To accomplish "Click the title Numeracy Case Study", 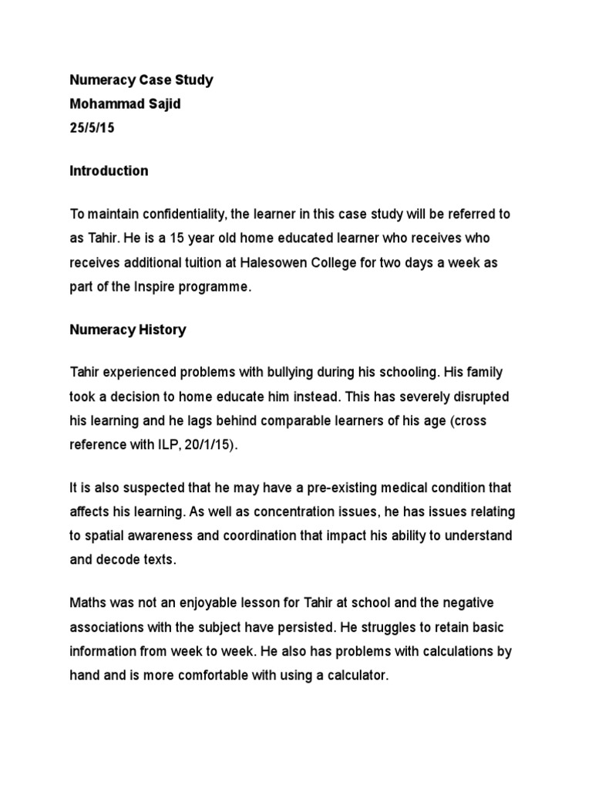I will [x=142, y=80].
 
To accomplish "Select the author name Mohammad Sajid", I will [x=125, y=104].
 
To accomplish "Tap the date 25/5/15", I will [x=92, y=128].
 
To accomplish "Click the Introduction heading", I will [x=109, y=171].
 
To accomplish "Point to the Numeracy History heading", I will [x=128, y=330].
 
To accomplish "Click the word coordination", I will [x=218, y=536].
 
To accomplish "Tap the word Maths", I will [x=87, y=603].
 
